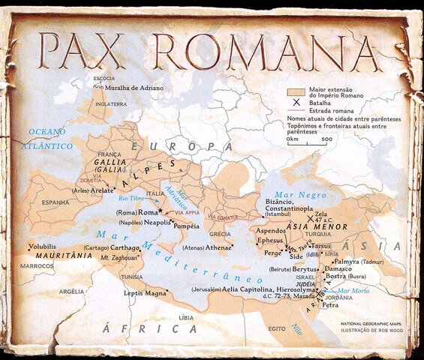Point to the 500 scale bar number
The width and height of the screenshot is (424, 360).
tap(327, 139)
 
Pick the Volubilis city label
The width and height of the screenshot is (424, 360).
tap(43, 246)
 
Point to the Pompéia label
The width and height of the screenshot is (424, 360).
tap(186, 226)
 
